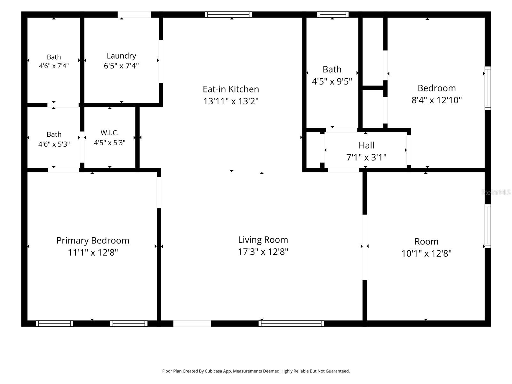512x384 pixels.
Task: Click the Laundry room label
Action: click(121, 56)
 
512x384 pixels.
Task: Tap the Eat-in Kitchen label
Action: click(231, 89)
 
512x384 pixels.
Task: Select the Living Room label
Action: click(263, 240)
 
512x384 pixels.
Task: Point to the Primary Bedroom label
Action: click(93, 241)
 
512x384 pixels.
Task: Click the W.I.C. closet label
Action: click(110, 133)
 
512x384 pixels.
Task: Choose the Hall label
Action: click(366, 146)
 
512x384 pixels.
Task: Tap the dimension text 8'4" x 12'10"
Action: click(436, 100)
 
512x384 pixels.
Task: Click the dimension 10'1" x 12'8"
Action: click(426, 253)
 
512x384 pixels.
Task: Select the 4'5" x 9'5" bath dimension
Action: click(332, 82)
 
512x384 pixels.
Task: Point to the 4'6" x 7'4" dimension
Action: click(54, 66)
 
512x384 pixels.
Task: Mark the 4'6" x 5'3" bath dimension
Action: click(54, 144)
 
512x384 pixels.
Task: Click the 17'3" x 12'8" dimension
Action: click(263, 252)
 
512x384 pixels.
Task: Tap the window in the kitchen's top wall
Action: click(228, 14)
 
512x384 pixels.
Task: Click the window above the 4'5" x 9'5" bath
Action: click(332, 14)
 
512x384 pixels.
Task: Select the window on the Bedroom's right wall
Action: click(488, 88)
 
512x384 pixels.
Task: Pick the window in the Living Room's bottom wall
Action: click(291, 324)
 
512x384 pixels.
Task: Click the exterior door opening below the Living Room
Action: click(192, 324)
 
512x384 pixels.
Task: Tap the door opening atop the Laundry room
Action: click(134, 14)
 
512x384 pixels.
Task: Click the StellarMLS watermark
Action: click(496, 192)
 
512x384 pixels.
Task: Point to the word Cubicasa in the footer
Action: click(213, 371)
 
